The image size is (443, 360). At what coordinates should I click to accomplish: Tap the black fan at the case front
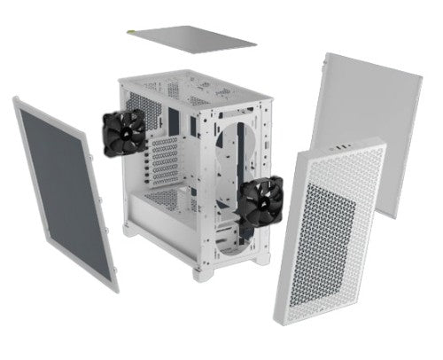coord(260,202)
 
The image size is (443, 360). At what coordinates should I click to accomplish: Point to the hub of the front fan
coord(260,202)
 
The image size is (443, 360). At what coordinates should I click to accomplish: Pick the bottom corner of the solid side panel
coord(394,215)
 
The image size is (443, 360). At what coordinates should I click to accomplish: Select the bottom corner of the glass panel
coord(113,289)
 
